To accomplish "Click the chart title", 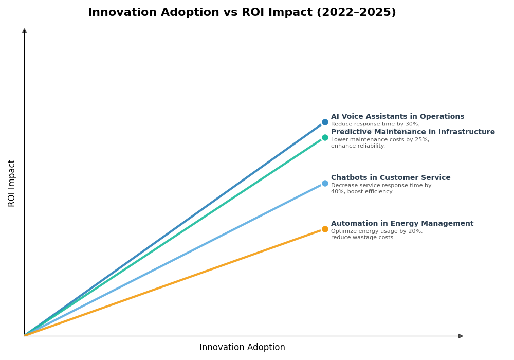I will [x=242, y=13].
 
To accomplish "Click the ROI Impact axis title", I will [x=12, y=183].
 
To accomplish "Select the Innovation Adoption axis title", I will [x=242, y=348].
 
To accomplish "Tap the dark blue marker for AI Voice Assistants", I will [x=325, y=122].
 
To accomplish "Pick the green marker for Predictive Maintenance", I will [x=325, y=138].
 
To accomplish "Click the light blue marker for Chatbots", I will [x=325, y=184].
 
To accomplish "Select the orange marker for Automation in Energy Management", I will [x=325, y=229].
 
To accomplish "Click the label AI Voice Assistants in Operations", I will [x=397, y=117].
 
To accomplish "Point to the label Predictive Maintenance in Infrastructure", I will [x=413, y=132].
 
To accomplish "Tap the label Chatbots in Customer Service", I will [x=391, y=178].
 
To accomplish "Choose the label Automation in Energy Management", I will [x=402, y=224].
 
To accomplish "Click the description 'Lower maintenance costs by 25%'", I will [x=380, y=140].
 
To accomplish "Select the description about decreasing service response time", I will [x=381, y=189].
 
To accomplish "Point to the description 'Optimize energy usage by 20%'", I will [x=377, y=231].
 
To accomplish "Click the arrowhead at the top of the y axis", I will [x=24, y=31].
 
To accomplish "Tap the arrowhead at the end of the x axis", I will [x=461, y=336].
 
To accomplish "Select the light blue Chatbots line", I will [x=175, y=259].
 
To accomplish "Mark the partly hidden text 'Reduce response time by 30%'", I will [x=375, y=124].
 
